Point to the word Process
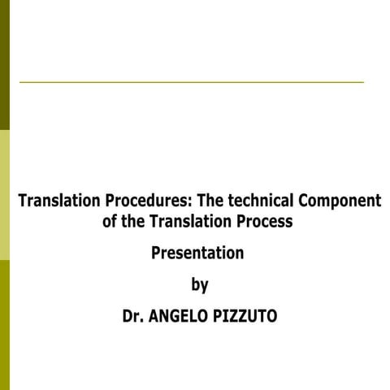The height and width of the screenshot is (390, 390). [264, 221]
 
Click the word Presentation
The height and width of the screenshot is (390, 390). [197, 253]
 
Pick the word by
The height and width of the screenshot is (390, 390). [199, 284]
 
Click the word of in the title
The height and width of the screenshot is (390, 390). [110, 221]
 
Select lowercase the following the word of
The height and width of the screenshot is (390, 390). [135, 221]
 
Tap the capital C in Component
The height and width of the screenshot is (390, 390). [303, 201]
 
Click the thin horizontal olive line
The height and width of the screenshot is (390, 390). [191, 82]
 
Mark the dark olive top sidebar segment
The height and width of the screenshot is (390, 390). [4, 65]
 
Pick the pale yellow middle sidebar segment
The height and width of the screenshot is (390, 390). [4, 195]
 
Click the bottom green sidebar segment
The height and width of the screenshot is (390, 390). [4, 325]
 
